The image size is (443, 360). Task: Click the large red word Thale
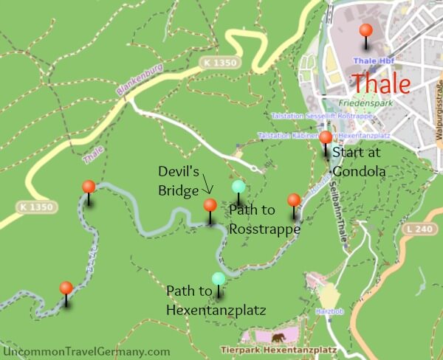(x=380, y=83)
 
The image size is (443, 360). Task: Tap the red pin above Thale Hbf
(x=365, y=31)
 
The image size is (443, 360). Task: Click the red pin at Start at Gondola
(x=326, y=137)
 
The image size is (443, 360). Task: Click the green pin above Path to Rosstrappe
(x=238, y=187)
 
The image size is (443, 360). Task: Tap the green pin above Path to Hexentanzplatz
(x=219, y=279)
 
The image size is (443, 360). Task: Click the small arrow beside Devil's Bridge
(x=207, y=190)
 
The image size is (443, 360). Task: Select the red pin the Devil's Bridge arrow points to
(x=210, y=205)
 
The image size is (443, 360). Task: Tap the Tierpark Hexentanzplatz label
(x=279, y=350)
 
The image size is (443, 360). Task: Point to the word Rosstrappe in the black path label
(x=264, y=229)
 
